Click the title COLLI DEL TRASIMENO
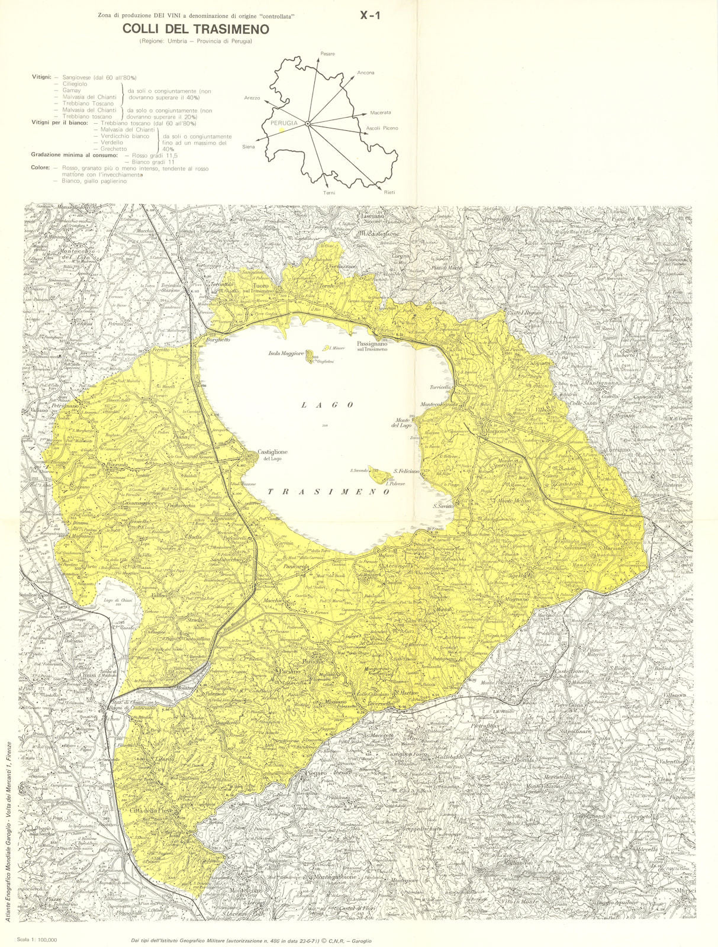(x=195, y=29)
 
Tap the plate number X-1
(x=371, y=16)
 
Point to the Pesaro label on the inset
(x=327, y=54)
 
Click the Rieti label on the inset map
(x=389, y=193)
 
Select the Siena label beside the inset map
(x=248, y=147)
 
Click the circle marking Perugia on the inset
(x=308, y=123)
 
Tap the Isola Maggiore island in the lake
(x=309, y=356)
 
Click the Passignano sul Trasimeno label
(x=372, y=346)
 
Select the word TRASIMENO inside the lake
(x=329, y=492)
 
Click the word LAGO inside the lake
(x=327, y=405)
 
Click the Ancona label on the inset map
(x=365, y=73)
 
